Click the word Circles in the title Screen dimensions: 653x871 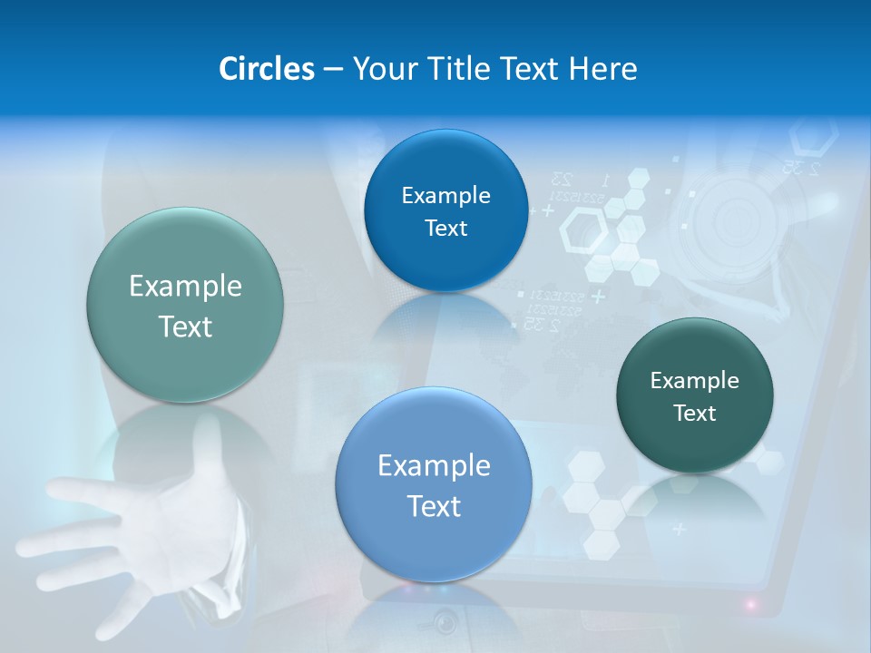[x=267, y=69]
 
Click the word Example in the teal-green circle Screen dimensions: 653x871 [x=185, y=287]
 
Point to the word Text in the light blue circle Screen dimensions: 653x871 [x=434, y=506]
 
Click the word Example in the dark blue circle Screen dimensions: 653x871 [x=445, y=195]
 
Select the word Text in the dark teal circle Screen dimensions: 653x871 [x=695, y=414]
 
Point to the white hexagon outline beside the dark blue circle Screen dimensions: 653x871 [x=584, y=232]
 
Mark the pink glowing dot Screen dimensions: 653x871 [x=752, y=603]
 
